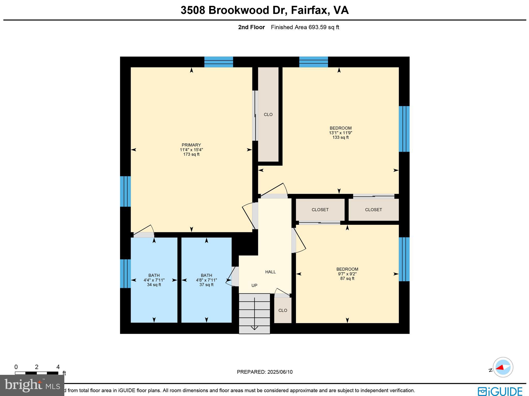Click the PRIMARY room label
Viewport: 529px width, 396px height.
191,145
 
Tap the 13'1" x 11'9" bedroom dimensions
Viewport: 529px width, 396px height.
340,133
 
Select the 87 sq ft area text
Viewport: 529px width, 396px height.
347,278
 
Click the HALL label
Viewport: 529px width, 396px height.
270,272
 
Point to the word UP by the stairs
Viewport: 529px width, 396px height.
254,285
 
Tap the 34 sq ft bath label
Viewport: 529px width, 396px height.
154,285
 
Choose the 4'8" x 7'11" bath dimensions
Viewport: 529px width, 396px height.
206,280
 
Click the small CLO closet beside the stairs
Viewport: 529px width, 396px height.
283,310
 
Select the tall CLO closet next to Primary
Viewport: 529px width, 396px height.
268,114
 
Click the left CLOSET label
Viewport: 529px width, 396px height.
320,210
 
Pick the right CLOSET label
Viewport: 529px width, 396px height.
374,210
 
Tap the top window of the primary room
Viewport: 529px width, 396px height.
219,62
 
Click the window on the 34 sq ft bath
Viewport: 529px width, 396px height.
125,274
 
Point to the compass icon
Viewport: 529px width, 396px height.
503,367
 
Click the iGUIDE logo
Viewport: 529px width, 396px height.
500,391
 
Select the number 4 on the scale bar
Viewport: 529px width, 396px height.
58,367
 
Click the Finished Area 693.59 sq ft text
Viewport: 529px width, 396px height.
305,27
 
